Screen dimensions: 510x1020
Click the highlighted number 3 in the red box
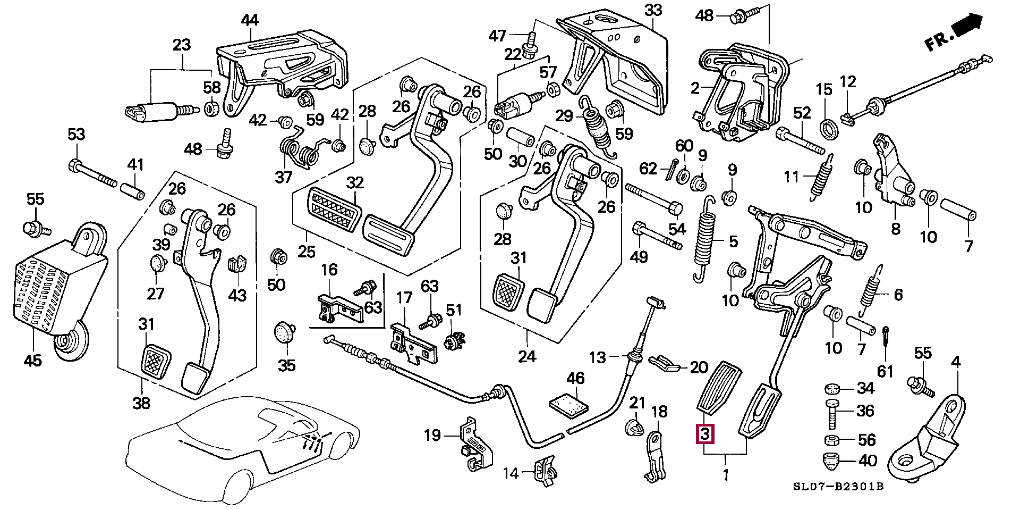point(704,434)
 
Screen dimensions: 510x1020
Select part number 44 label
point(250,20)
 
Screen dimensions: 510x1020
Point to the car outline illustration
point(239,441)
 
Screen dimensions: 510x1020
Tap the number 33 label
point(653,10)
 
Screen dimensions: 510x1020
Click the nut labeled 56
point(832,440)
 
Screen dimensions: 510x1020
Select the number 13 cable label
point(598,357)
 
